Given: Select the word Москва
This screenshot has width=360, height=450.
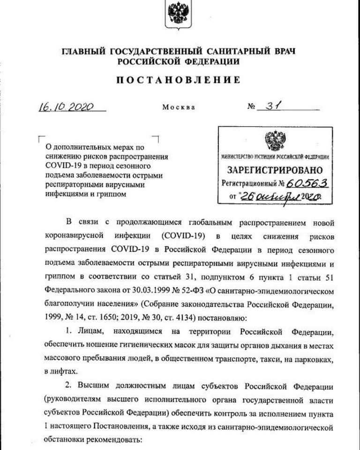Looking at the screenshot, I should (x=179, y=107).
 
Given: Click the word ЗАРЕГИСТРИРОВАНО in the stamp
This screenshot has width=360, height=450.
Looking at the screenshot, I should (x=275, y=169).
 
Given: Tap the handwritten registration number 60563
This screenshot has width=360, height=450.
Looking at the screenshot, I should (x=307, y=183).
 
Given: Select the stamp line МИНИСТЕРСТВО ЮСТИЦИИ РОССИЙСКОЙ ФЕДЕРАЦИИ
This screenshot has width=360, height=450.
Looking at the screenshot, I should (x=275, y=156).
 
